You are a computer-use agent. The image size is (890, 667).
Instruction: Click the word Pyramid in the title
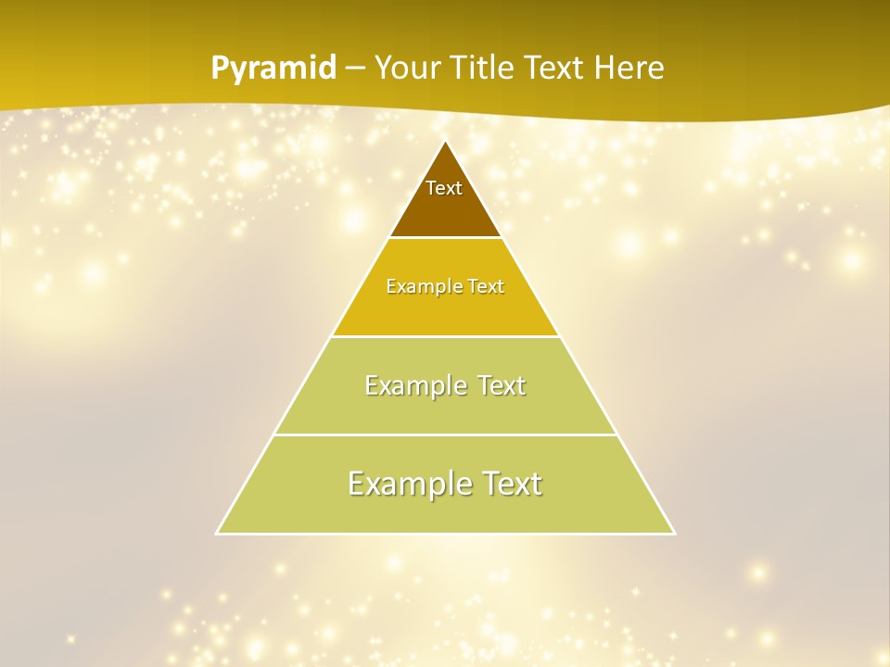click(x=273, y=69)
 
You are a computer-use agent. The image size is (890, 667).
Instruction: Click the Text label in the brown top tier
click(x=444, y=188)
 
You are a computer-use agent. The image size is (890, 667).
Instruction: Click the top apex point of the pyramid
click(x=445, y=141)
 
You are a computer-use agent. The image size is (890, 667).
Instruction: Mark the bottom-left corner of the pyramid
click(x=218, y=533)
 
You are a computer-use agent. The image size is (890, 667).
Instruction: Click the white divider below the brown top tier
click(x=445, y=238)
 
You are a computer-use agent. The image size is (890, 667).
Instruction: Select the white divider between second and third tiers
click(x=445, y=336)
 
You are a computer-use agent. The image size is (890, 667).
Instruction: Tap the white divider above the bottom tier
click(x=445, y=434)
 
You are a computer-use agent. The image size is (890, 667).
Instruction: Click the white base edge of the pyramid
click(x=445, y=534)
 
